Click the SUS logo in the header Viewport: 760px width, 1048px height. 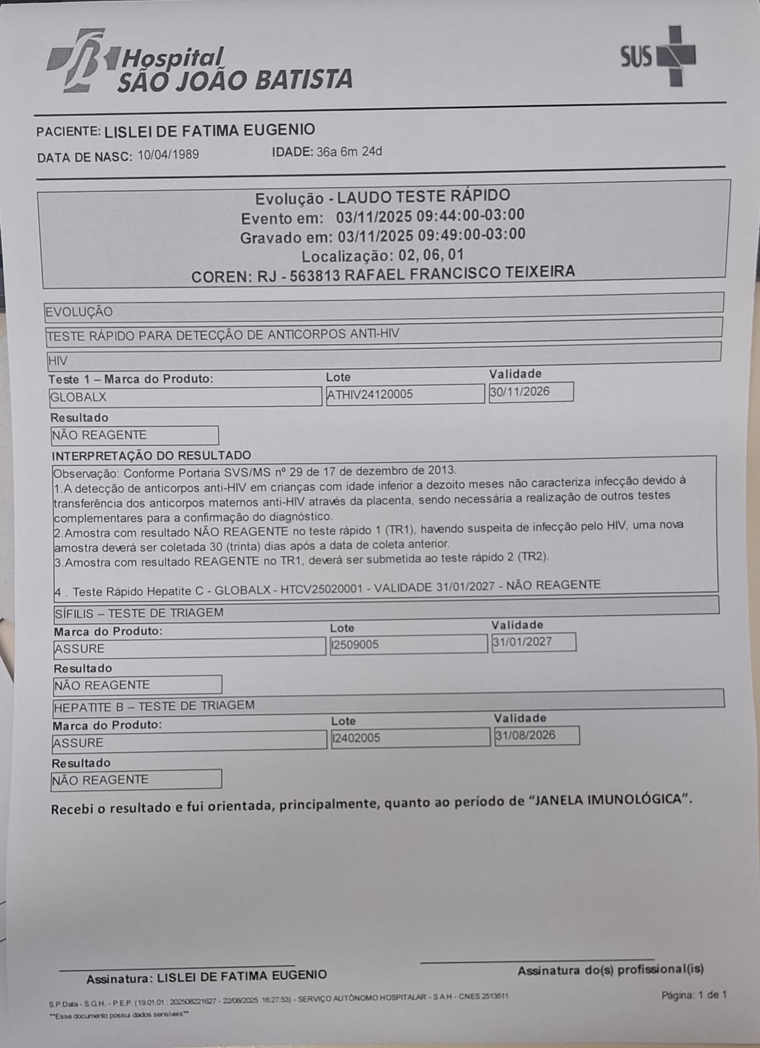click(657, 56)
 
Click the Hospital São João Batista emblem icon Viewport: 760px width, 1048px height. click(76, 60)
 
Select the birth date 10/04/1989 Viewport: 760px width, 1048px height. click(168, 155)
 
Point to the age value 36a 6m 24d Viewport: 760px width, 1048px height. click(349, 152)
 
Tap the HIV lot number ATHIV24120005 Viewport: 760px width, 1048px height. click(370, 394)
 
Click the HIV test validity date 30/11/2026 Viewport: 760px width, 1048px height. click(520, 392)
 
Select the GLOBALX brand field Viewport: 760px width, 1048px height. click(79, 397)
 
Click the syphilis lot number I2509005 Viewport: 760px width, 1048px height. click(355, 645)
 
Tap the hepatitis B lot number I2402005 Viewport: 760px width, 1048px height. click(357, 738)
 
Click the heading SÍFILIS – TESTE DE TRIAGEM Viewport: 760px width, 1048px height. click(139, 613)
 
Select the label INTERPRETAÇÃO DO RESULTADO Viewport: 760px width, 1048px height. click(151, 455)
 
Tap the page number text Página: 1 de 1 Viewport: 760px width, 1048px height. click(694, 995)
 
